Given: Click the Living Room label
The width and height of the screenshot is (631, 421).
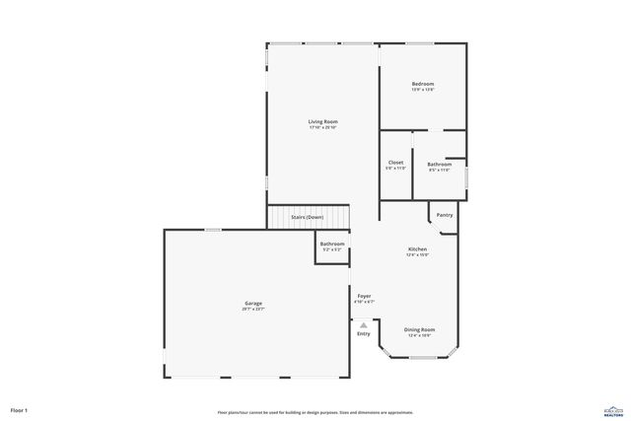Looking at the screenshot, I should [322, 121].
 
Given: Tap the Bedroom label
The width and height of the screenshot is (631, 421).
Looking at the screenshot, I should [423, 84].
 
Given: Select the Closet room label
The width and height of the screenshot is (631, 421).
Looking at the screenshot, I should [395, 163].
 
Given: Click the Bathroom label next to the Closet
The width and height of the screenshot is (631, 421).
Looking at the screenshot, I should [439, 164].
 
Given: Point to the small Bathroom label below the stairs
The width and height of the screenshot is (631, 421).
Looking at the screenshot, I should [332, 244].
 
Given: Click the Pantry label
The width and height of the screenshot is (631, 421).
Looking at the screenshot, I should [445, 214].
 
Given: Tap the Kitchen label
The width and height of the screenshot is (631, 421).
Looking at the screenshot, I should [418, 249].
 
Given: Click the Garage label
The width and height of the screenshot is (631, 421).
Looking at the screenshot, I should [253, 303].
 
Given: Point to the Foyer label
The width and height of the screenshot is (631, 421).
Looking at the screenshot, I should [364, 296].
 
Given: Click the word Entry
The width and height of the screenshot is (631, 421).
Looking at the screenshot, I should [364, 333].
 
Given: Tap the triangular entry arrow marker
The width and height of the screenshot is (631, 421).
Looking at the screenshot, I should [364, 323].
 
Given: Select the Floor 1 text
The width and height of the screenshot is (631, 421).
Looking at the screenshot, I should [19, 409].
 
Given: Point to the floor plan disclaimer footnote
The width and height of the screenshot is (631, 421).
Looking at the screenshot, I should [315, 412].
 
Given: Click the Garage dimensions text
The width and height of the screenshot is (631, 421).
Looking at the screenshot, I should [253, 309].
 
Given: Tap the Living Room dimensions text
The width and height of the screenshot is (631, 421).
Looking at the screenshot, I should [322, 127].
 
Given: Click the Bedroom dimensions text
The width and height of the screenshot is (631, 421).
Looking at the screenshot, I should [423, 90].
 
